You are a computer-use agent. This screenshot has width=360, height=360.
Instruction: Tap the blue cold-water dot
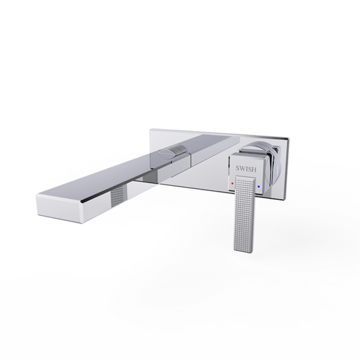pyautogui.click(x=258, y=187)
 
